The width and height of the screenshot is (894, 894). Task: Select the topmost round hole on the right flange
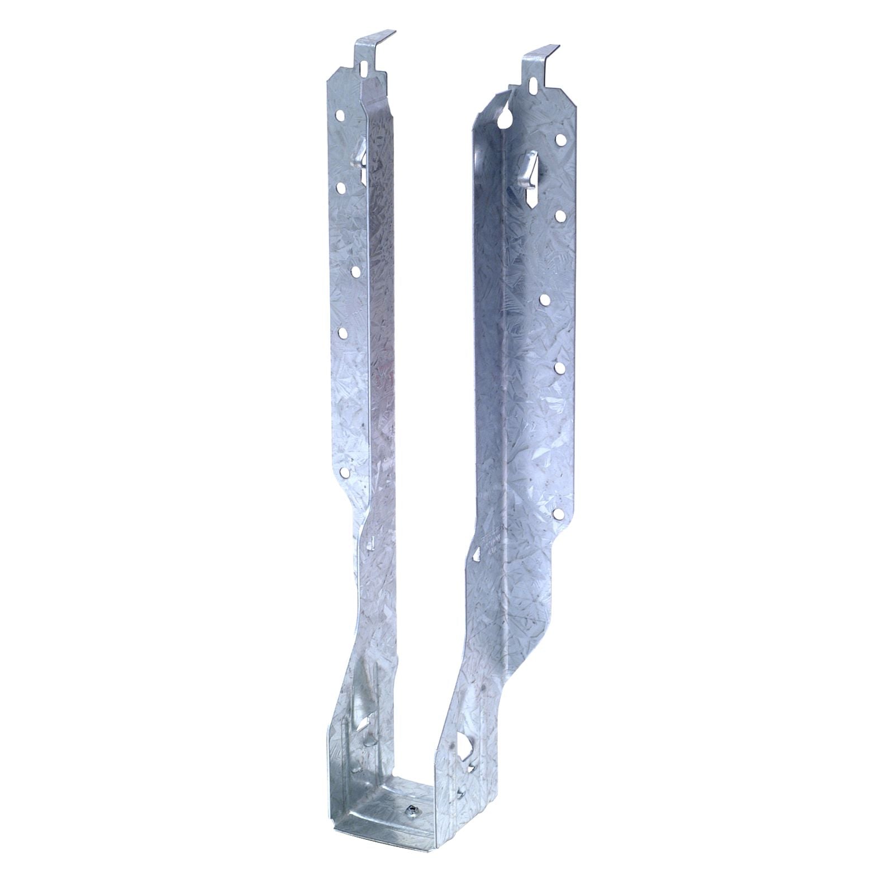(x=559, y=139)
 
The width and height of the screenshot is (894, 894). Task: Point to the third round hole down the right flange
(x=543, y=300)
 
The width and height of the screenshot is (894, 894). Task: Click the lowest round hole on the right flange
(x=557, y=512)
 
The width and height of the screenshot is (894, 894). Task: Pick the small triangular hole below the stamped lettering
(x=476, y=569)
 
